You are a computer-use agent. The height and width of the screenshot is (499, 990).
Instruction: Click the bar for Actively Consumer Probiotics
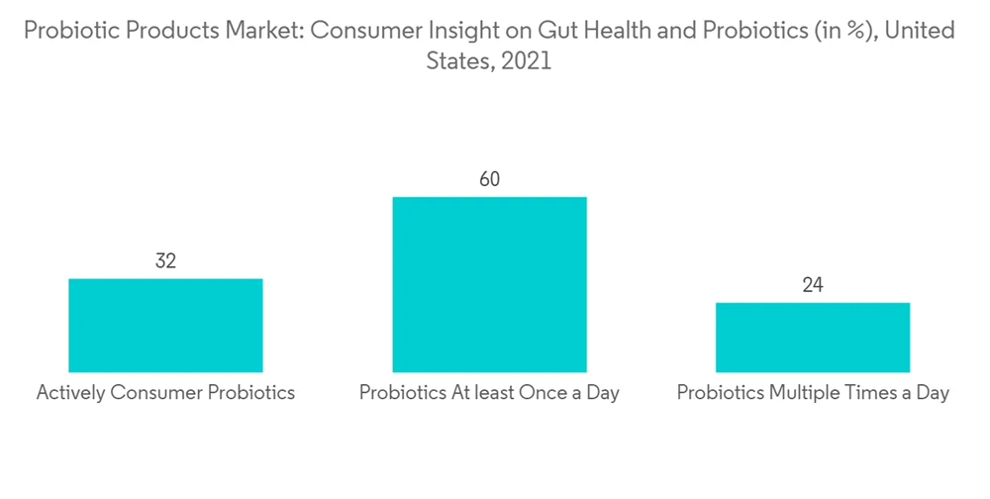pyautogui.click(x=165, y=325)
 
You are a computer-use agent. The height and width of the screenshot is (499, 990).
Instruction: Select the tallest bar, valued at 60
pyautogui.click(x=489, y=284)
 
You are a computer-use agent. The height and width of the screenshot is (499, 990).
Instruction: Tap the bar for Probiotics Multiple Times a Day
pyautogui.click(x=813, y=337)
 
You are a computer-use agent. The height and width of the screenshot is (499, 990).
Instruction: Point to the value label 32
pyautogui.click(x=165, y=261)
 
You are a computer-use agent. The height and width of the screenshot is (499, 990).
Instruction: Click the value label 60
pyautogui.click(x=489, y=179)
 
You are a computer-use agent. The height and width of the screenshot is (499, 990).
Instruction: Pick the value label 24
pyautogui.click(x=813, y=286)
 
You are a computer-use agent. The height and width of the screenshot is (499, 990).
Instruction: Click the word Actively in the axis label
pyautogui.click(x=70, y=393)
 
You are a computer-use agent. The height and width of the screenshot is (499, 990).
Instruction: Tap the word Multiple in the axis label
pyautogui.click(x=800, y=393)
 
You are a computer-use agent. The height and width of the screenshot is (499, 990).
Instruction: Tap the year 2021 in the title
pyautogui.click(x=526, y=61)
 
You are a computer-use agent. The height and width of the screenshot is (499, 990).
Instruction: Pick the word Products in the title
pyautogui.click(x=155, y=31)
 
